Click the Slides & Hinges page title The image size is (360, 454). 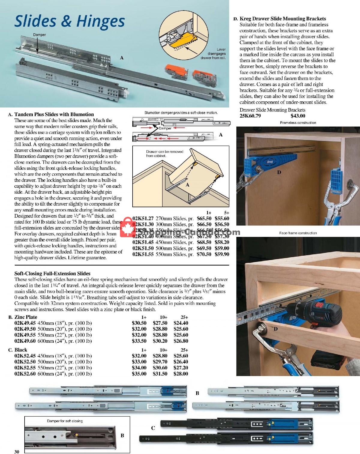(70, 22)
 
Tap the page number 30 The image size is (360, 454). (17, 452)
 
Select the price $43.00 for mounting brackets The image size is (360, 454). (298, 116)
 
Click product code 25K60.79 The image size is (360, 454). (250, 116)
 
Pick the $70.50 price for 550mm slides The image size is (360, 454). (204, 254)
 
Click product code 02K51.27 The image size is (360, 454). (143, 219)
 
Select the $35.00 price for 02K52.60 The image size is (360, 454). (139, 374)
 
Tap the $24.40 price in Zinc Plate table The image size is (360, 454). (181, 323)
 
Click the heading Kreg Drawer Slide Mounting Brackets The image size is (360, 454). (283, 19)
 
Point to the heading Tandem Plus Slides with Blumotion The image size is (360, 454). (54, 114)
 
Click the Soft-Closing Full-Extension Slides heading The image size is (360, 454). (52, 273)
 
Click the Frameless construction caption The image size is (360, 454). (298, 123)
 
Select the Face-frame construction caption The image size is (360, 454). (298, 233)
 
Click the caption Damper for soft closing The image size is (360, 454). (65, 421)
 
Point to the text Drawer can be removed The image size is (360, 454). (165, 152)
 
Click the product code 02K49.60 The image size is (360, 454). (25, 341)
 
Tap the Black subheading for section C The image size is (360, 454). (21, 350)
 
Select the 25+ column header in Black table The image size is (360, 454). (184, 350)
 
